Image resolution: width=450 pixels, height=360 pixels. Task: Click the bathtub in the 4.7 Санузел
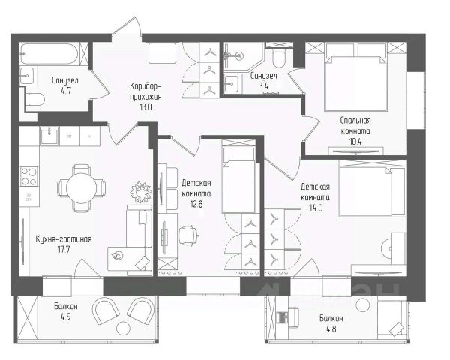click(49, 54)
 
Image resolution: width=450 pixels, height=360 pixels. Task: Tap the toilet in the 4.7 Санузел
click(35, 100)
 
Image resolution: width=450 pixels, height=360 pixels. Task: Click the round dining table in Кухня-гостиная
click(82, 188)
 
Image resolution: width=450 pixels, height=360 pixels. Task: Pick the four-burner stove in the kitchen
click(29, 176)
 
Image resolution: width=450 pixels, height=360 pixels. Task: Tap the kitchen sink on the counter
click(49, 136)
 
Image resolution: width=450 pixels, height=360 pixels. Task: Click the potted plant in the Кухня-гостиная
click(141, 191)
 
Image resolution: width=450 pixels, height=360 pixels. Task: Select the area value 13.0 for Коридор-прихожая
click(145, 107)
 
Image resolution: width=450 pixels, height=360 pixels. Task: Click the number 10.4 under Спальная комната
click(355, 142)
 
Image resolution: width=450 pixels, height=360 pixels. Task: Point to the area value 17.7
click(64, 249)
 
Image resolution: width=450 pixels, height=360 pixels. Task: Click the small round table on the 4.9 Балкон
click(124, 328)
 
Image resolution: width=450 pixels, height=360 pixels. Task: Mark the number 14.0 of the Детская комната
click(316, 208)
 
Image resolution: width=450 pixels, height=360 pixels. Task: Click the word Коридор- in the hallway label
click(144, 86)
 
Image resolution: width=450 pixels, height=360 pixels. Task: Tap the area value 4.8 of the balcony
click(331, 328)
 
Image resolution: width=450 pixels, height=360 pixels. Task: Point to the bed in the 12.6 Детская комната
click(238, 180)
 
